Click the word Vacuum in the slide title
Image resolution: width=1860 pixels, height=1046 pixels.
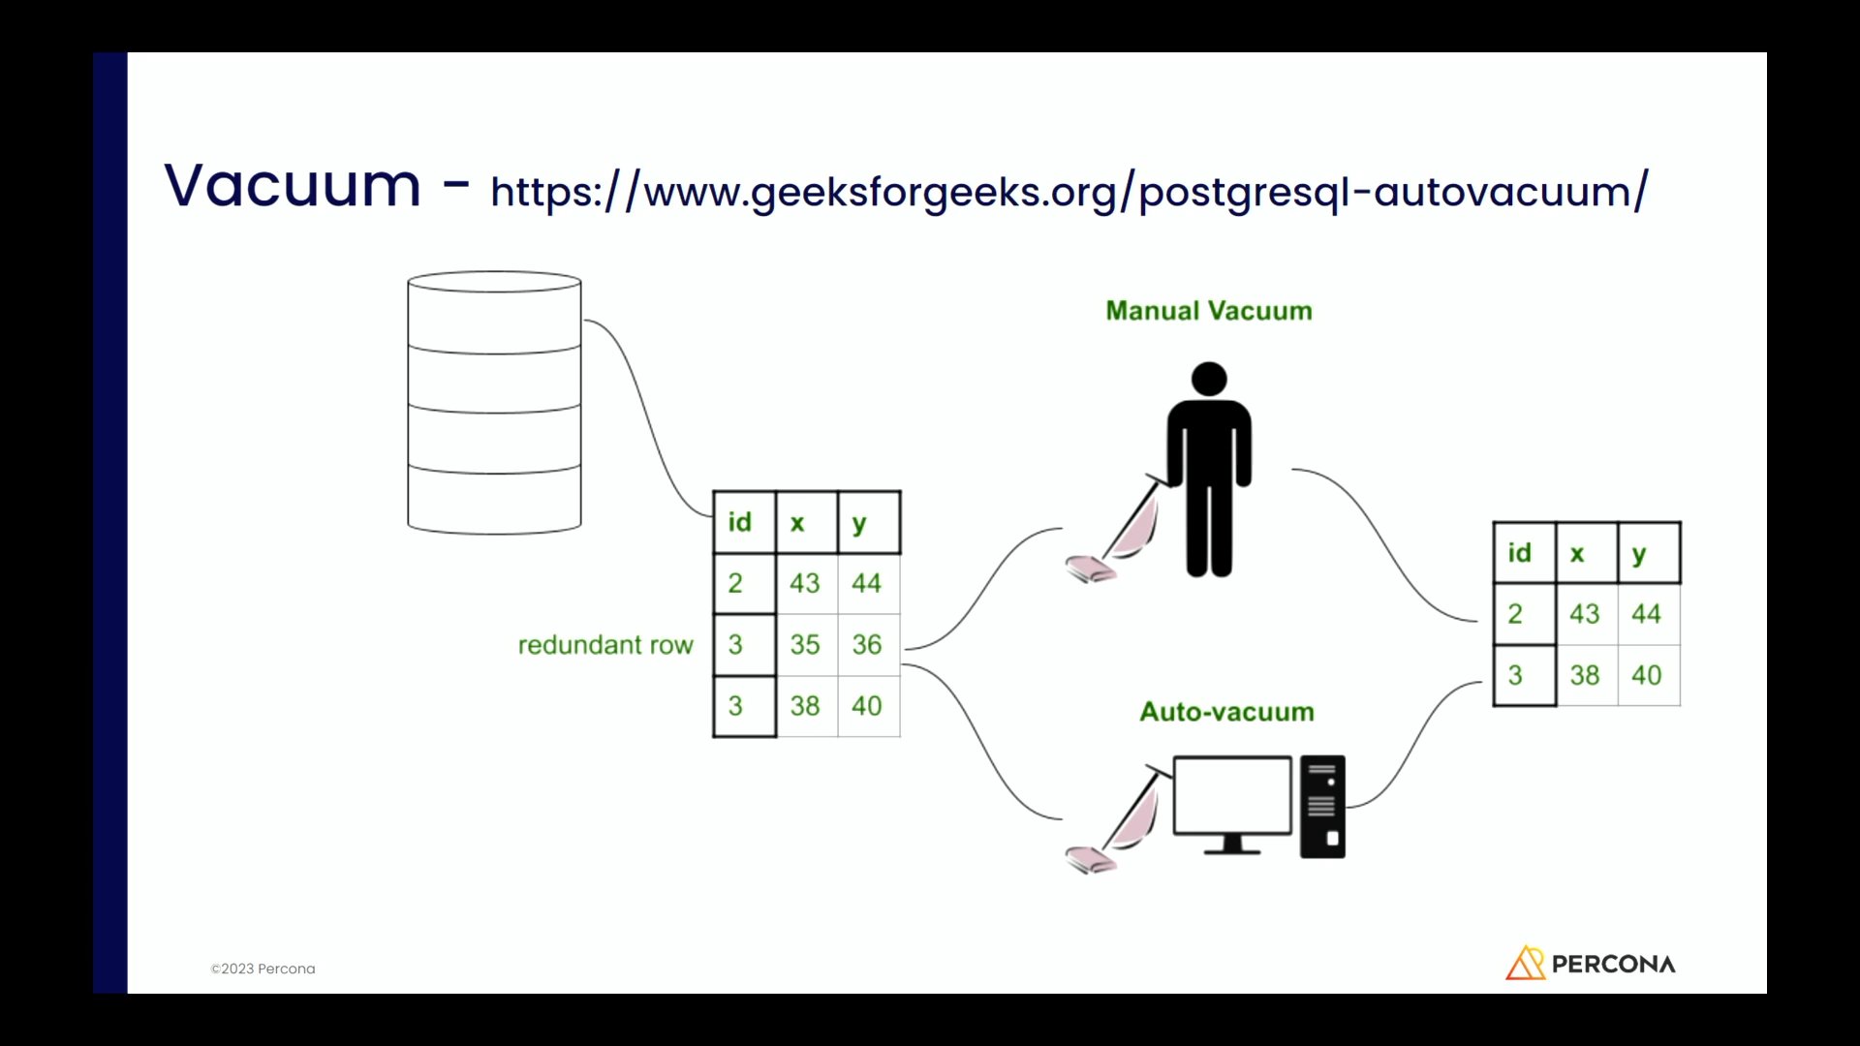point(293,185)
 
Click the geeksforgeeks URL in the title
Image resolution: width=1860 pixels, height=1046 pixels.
point(1069,191)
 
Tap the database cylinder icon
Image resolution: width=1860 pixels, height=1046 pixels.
point(494,403)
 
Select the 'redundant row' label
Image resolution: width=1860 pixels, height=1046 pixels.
point(605,645)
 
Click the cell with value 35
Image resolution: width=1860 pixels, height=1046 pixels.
point(805,645)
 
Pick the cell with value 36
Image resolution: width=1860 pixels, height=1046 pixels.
point(867,645)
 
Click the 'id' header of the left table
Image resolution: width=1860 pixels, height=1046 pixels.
point(740,523)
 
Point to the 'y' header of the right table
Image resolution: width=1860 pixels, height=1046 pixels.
point(1639,554)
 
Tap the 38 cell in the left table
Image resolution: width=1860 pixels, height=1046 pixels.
point(805,706)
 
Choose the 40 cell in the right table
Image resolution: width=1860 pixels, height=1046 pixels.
point(1647,675)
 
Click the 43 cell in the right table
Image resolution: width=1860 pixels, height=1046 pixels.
point(1585,614)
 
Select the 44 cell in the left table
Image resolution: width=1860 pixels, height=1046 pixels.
point(867,583)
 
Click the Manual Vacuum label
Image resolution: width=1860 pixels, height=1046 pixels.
point(1209,311)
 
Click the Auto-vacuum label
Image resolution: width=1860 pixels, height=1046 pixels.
point(1226,712)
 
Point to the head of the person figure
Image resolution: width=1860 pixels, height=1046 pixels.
point(1209,379)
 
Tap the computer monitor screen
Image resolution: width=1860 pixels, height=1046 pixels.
point(1232,795)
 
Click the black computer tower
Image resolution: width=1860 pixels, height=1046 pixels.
point(1322,807)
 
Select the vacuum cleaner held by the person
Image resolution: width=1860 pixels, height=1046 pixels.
point(1114,538)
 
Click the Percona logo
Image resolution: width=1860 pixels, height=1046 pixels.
point(1591,964)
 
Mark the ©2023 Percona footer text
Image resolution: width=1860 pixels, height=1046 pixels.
point(263,969)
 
